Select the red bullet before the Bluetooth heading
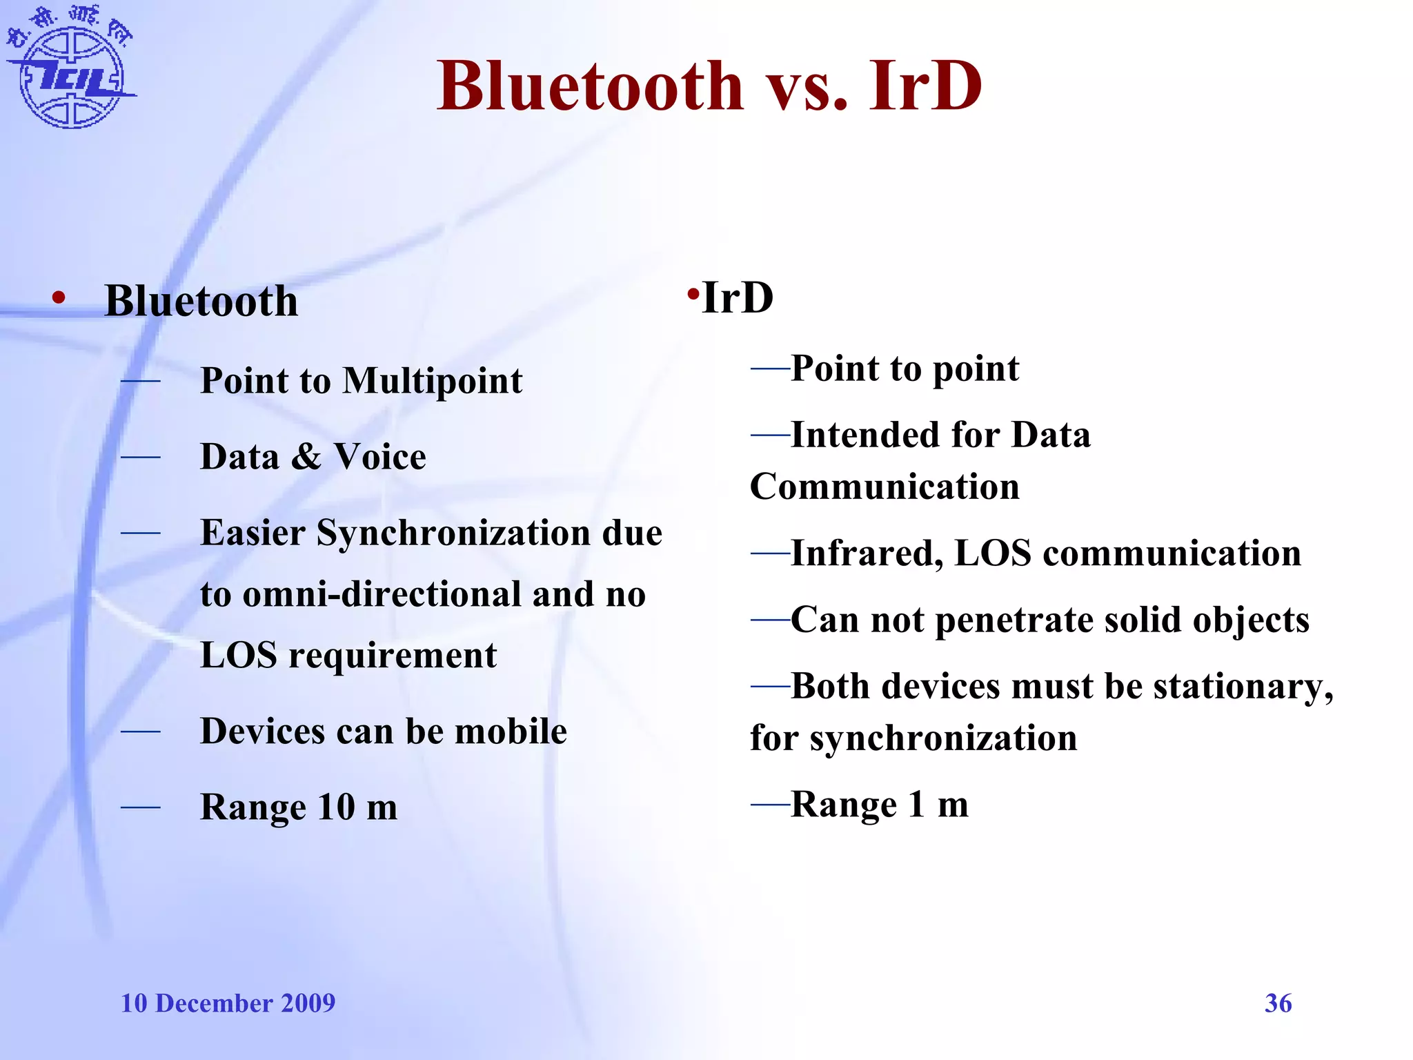[x=59, y=299]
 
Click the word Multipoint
[x=433, y=381]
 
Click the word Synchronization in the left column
[x=454, y=533]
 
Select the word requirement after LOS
[x=392, y=655]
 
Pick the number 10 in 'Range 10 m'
[x=336, y=807]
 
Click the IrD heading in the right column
[x=737, y=298]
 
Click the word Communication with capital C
[x=885, y=487]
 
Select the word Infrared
[x=867, y=553]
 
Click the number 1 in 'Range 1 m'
[x=916, y=804]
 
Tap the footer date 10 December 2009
[x=228, y=1003]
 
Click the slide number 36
[x=1278, y=1003]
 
